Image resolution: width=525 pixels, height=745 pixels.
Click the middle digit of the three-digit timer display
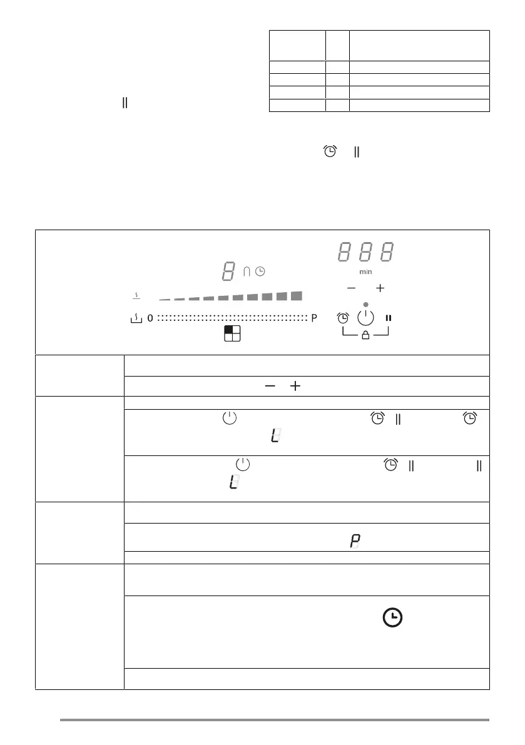tap(366, 253)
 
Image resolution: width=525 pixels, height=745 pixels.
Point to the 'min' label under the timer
tap(365, 272)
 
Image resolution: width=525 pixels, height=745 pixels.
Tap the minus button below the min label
tap(351, 288)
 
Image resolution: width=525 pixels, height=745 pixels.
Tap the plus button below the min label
tap(380, 288)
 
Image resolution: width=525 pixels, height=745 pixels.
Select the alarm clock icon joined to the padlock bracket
tap(343, 318)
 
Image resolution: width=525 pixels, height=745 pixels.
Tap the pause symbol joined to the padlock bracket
tap(389, 318)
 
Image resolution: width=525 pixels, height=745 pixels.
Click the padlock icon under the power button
tap(366, 335)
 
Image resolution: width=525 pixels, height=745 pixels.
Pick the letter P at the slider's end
tap(315, 318)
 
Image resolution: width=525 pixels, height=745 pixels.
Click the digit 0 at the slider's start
tap(150, 318)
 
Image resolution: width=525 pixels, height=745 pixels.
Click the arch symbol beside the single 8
tap(247, 271)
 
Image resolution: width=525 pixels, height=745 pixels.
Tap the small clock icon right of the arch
tap(260, 271)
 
